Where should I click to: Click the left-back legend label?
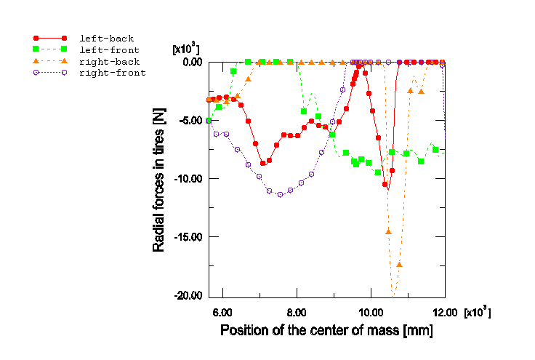point(106,38)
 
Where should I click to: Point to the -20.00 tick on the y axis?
point(186,295)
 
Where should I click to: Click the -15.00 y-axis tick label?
point(186,237)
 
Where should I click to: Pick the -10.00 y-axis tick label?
point(186,178)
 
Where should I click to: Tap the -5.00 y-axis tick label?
point(189,120)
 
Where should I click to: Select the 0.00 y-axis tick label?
point(190,62)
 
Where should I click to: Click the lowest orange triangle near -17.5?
point(399,265)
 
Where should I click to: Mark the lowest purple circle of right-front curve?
point(280,194)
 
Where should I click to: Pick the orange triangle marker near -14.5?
point(388,231)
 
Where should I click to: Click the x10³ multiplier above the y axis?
point(186,49)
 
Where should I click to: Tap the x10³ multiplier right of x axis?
point(478,312)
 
